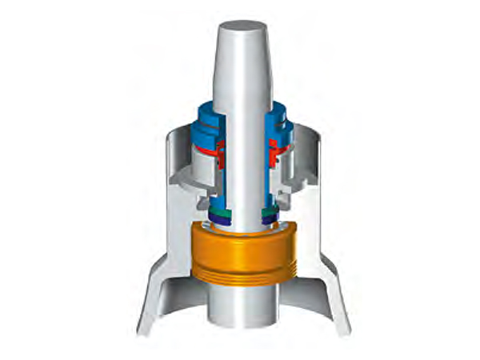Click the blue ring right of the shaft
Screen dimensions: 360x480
click(x=280, y=120)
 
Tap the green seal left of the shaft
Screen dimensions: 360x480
click(x=218, y=210)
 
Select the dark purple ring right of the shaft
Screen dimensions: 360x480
click(x=269, y=217)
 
